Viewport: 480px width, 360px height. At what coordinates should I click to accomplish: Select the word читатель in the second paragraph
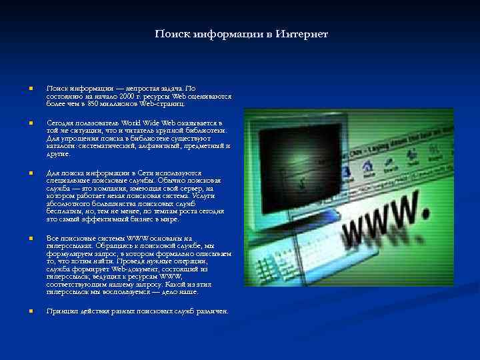click(x=139, y=131)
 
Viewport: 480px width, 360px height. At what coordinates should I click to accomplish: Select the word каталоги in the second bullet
click(x=61, y=146)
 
